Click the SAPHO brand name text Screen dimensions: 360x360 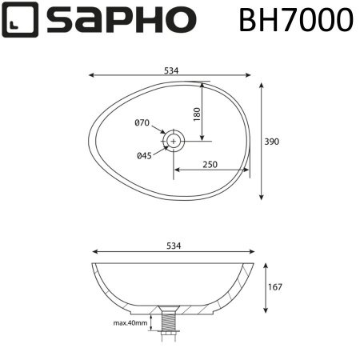pos(120,20)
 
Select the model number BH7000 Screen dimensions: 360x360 pos(295,20)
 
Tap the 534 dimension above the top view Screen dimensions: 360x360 pos(171,70)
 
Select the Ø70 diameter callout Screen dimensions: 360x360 pos(141,122)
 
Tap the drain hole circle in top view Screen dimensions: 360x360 pos(174,142)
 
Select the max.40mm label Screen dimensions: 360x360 pos(130,323)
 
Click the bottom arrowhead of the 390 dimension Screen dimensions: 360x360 pos(262,198)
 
